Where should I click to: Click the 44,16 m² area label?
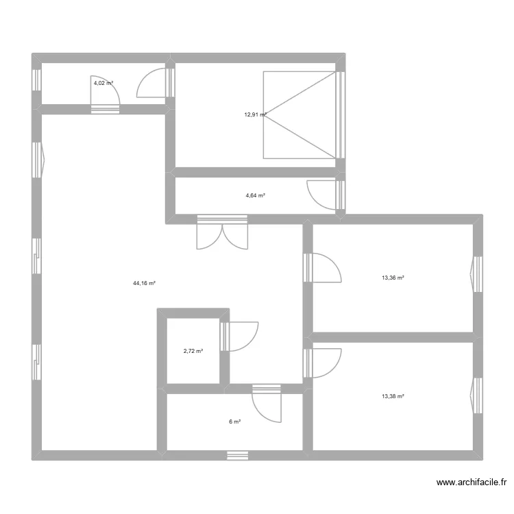145,282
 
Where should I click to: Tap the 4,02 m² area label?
103,83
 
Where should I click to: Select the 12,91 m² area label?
255,115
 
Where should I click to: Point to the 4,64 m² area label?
255,195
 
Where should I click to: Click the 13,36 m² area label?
393,278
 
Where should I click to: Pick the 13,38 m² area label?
393,396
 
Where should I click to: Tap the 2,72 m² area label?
193,351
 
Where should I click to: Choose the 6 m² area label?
234,421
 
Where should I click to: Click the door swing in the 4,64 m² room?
322,194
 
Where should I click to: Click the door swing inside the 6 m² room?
267,406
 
